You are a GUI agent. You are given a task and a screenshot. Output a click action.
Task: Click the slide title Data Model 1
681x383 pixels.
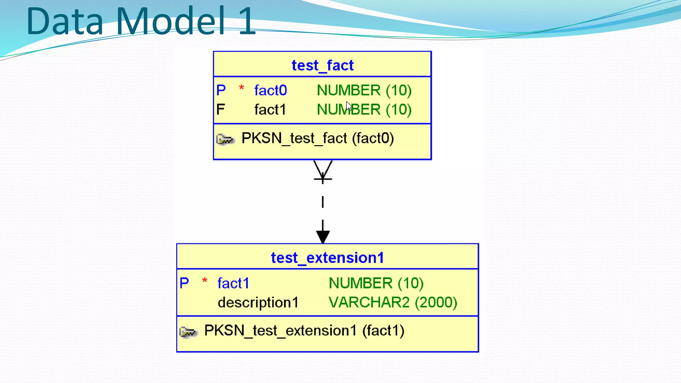(141, 21)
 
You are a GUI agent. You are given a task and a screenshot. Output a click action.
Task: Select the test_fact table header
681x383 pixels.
(322, 65)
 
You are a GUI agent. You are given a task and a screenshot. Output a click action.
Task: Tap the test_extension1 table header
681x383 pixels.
(327, 258)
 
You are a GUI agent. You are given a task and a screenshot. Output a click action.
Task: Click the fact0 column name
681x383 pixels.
(270, 90)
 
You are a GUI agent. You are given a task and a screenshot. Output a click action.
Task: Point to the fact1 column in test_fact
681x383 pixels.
(270, 110)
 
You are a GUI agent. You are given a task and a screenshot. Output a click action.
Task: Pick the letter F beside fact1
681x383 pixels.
(220, 110)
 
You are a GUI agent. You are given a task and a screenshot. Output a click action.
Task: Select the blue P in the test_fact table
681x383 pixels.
(221, 90)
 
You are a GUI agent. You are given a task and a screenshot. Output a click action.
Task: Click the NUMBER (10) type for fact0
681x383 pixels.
(364, 90)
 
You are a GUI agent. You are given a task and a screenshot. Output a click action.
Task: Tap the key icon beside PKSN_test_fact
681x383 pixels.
(225, 139)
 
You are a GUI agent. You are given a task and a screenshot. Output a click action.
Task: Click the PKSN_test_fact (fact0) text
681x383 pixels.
(318, 138)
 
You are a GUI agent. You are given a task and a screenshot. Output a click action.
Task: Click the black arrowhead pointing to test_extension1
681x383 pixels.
(323, 236)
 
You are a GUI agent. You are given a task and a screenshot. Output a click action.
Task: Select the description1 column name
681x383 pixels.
(258, 303)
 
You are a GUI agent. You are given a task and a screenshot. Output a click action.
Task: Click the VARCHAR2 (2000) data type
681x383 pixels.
(393, 303)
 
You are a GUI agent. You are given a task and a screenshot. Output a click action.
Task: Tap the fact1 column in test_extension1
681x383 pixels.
(233, 283)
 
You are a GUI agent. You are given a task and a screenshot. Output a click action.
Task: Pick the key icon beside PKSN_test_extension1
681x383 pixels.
(188, 331)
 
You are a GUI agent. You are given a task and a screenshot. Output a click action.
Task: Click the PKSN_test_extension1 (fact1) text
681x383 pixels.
(304, 330)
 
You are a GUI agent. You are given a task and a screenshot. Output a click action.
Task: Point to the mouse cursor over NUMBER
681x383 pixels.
(349, 106)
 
